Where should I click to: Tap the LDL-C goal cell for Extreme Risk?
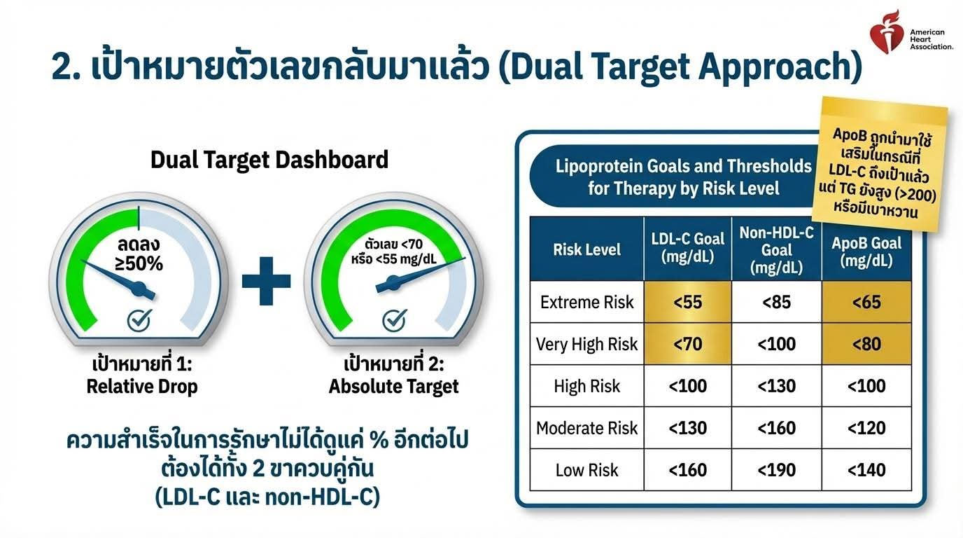pos(687,302)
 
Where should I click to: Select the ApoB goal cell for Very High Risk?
pos(866,344)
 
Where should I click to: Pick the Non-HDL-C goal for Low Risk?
pos(776,469)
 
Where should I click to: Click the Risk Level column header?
pos(586,249)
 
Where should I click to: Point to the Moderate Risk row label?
pos(586,428)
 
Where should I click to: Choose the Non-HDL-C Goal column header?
pos(776,249)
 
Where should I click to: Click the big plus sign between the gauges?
pos(266,281)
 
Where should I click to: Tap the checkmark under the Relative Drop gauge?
pos(139,320)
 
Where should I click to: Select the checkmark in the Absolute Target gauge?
pos(394,320)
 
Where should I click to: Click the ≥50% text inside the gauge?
pos(139,263)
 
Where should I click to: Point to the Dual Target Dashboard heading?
pos(269,160)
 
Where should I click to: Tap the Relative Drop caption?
pos(142,386)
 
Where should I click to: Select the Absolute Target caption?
pos(394,386)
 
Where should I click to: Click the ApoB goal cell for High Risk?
pos(866,386)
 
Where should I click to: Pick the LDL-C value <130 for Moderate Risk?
pos(687,428)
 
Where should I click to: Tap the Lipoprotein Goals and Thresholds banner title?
pos(684,177)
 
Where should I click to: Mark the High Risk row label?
pos(586,386)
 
